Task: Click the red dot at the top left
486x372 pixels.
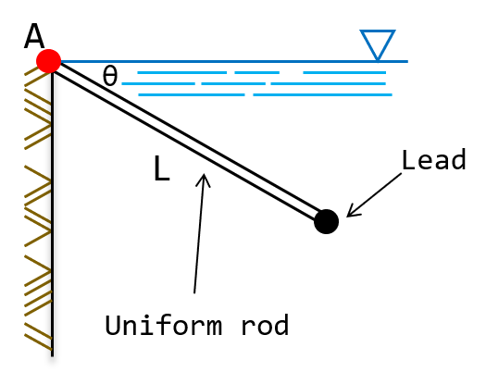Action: point(48,61)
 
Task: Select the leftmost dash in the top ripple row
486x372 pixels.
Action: point(181,72)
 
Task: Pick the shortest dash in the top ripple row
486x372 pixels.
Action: point(256,72)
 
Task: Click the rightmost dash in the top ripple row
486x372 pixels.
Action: point(343,72)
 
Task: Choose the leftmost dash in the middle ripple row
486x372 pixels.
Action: point(158,83)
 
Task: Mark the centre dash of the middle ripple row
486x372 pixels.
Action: point(233,83)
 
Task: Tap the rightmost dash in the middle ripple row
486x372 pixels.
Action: point(328,83)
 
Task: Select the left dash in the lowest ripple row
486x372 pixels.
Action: point(192,94)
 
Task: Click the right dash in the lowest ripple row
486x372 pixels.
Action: point(322,94)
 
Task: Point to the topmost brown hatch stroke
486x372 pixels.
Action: point(35,71)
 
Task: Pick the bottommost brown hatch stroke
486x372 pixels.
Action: point(38,341)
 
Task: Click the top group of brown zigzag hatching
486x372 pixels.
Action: point(38,109)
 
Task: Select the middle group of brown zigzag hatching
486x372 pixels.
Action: point(38,206)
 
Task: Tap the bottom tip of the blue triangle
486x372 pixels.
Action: point(378,60)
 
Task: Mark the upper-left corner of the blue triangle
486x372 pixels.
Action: point(362,31)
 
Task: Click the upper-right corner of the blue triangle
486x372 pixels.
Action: point(394,31)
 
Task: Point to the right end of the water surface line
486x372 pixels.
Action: point(406,61)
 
